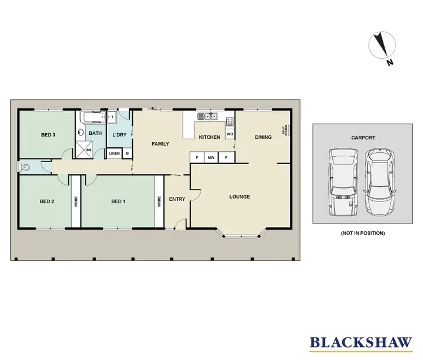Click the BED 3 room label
click(48, 135)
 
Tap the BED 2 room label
click(47, 201)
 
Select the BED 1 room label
click(118, 201)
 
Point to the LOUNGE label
click(239, 197)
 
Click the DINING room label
click(263, 137)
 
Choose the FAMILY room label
click(160, 144)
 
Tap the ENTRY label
click(177, 199)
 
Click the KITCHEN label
click(209, 137)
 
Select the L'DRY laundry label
click(119, 135)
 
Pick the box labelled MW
click(211, 158)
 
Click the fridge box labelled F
click(196, 158)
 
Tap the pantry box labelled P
click(226, 158)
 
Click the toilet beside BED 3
click(25, 167)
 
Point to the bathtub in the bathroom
click(91, 118)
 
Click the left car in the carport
click(343, 182)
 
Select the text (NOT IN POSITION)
click(363, 233)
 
